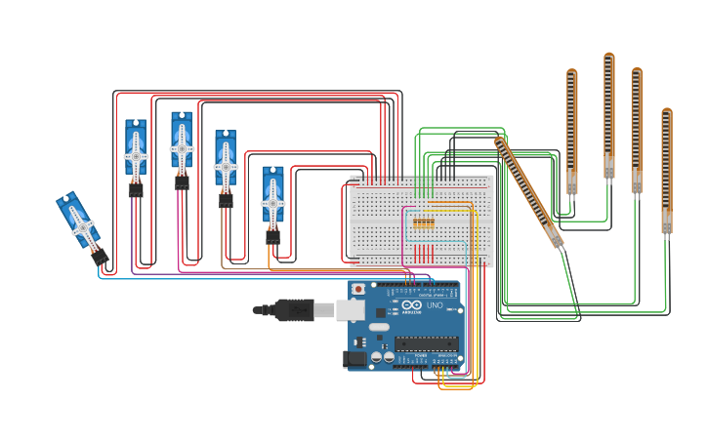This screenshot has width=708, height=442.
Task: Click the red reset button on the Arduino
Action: pos(358,290)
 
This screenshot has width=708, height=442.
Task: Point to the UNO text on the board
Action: pos(435,305)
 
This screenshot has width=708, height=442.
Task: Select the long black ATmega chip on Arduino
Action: pos(426,342)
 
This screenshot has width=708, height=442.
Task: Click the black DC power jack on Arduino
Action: pos(355,359)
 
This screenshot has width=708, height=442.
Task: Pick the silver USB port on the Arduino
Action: pos(350,310)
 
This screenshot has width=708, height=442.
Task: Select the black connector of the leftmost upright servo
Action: pos(136,191)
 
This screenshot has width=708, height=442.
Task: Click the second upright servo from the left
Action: pos(182,146)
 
